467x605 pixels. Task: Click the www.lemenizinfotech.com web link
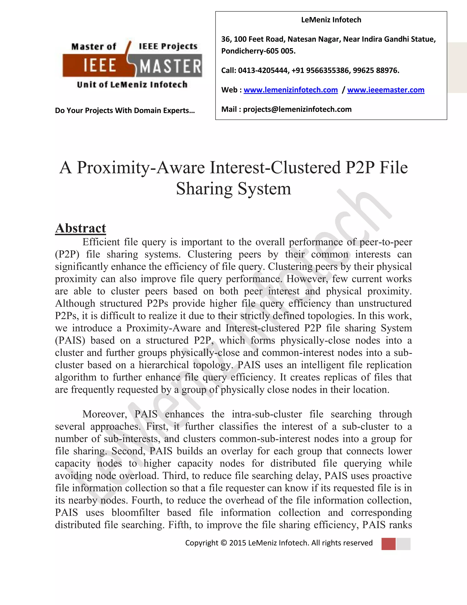click(291, 90)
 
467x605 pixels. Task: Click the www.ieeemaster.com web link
click(386, 90)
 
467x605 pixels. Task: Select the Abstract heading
click(80, 228)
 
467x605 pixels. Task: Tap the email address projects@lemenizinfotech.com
click(297, 109)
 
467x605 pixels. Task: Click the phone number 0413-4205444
click(263, 71)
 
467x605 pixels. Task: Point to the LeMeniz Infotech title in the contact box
click(331, 20)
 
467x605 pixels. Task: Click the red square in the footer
click(388, 544)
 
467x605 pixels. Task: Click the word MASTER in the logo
click(170, 66)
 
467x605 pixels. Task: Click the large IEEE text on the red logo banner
click(100, 66)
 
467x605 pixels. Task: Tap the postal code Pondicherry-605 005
click(258, 51)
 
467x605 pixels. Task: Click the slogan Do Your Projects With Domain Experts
click(125, 110)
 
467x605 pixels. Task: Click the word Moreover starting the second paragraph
click(105, 414)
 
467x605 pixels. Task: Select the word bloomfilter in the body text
click(136, 513)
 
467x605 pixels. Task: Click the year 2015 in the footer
click(237, 543)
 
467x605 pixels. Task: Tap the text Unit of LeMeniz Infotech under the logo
click(132, 84)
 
